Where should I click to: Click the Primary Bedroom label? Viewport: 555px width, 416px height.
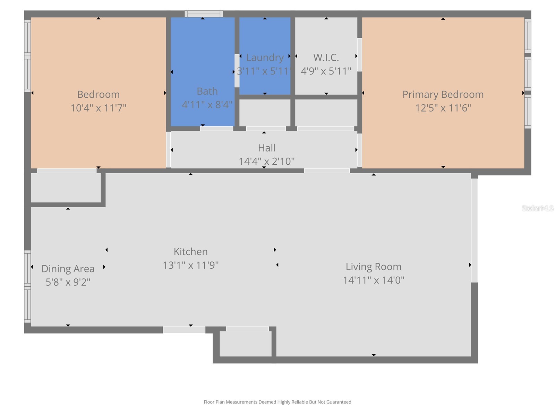[x=443, y=94]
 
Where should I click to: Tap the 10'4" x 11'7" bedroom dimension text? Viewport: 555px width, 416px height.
[x=98, y=108]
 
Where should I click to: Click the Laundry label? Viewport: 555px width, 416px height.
[x=265, y=58]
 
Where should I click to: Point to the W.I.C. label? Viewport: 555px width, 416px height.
[x=326, y=58]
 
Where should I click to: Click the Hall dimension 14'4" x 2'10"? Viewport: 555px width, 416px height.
[x=266, y=161]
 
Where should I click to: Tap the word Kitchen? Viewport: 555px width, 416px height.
[x=190, y=251]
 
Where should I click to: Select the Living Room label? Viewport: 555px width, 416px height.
[x=373, y=267]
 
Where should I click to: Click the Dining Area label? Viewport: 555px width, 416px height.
[x=68, y=269]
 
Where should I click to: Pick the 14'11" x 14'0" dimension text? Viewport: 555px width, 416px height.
[x=373, y=280]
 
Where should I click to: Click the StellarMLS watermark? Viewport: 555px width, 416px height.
[x=538, y=208]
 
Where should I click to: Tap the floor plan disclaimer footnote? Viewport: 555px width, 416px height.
[x=277, y=402]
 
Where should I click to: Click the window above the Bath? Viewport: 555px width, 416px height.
[x=204, y=14]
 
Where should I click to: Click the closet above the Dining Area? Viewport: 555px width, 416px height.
[x=66, y=188]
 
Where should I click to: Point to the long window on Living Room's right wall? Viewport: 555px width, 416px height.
[x=474, y=230]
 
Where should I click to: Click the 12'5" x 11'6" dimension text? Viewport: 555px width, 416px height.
[x=443, y=108]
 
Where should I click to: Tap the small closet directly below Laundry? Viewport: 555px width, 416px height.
[x=265, y=113]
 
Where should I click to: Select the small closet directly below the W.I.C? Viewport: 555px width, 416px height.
[x=326, y=113]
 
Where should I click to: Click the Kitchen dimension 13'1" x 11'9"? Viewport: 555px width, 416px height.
[x=190, y=265]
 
